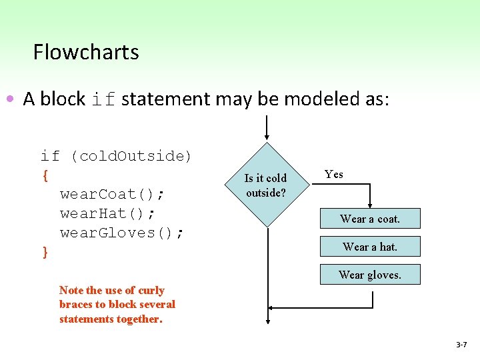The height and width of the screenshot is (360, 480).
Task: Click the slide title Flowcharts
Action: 86,52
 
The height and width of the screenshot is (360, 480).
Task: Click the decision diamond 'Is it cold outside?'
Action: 266,185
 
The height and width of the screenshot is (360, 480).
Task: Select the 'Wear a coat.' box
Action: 370,219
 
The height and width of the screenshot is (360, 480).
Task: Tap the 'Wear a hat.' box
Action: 370,247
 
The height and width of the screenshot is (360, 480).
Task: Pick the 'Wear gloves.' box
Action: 370,275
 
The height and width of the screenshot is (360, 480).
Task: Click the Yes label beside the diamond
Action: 334,174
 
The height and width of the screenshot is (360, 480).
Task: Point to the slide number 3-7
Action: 461,345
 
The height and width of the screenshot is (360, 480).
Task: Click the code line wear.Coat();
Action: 113,194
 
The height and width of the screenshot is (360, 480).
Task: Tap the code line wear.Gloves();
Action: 123,233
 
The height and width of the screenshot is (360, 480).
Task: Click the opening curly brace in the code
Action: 45,175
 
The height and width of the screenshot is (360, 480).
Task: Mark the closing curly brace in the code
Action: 45,251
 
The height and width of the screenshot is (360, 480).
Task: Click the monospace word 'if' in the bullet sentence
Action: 104,99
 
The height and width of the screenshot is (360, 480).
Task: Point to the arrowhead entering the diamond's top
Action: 267,137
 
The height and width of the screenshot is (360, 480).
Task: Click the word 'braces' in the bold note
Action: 76,304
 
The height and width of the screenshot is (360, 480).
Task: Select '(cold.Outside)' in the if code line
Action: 131,156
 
